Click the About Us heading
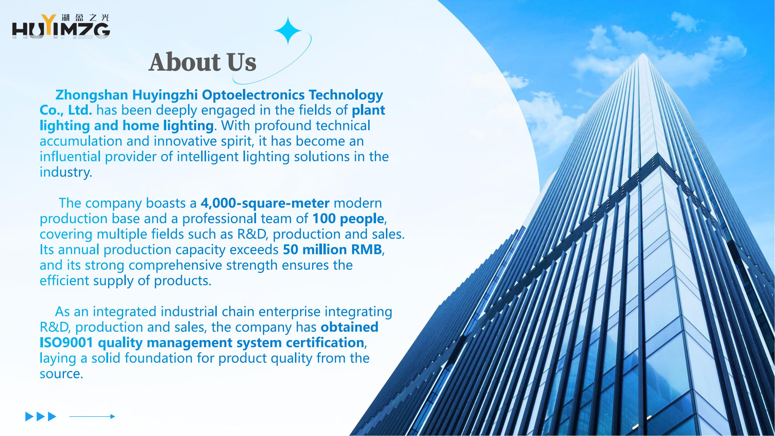(203, 62)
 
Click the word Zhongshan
(92, 95)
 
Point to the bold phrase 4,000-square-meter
(265, 203)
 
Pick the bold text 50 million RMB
(332, 250)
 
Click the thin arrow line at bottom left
(92, 417)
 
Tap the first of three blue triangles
(29, 417)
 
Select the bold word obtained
(349, 327)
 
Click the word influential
(70, 157)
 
